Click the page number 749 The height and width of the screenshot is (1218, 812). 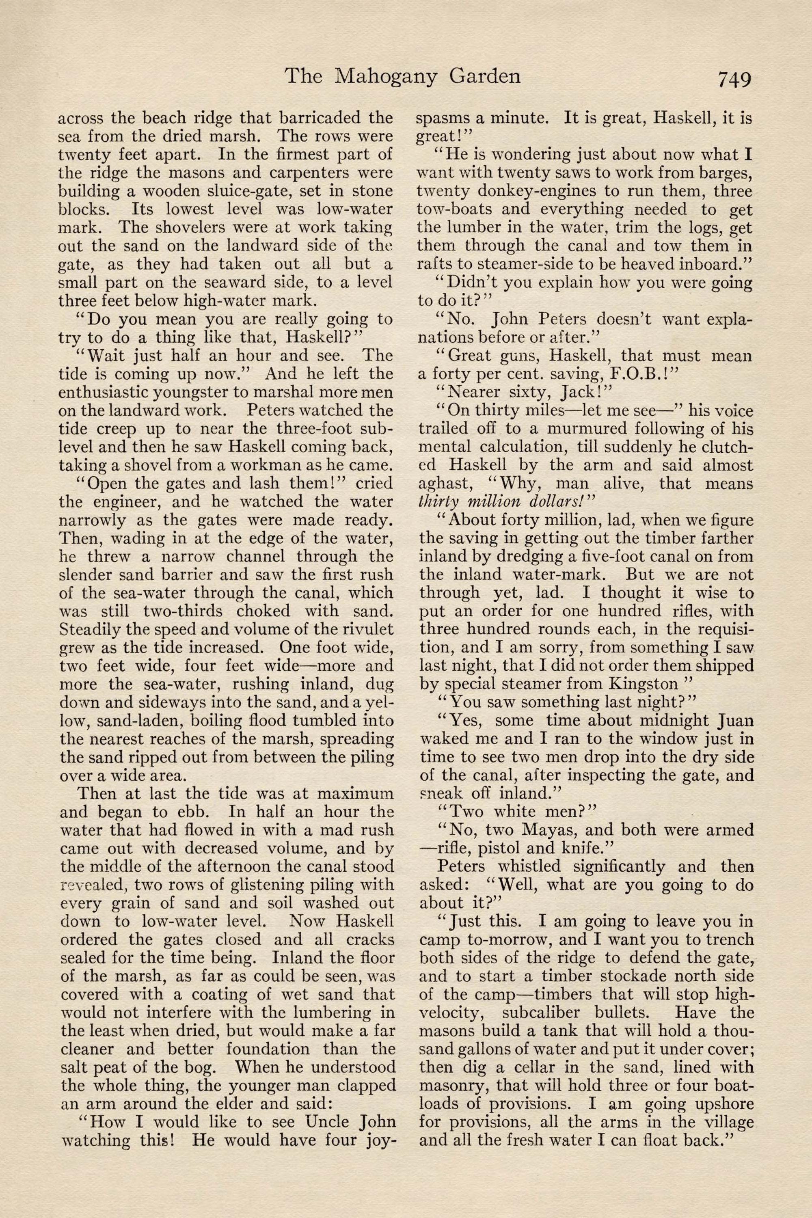click(733, 79)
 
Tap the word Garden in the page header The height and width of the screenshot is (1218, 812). click(485, 77)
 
